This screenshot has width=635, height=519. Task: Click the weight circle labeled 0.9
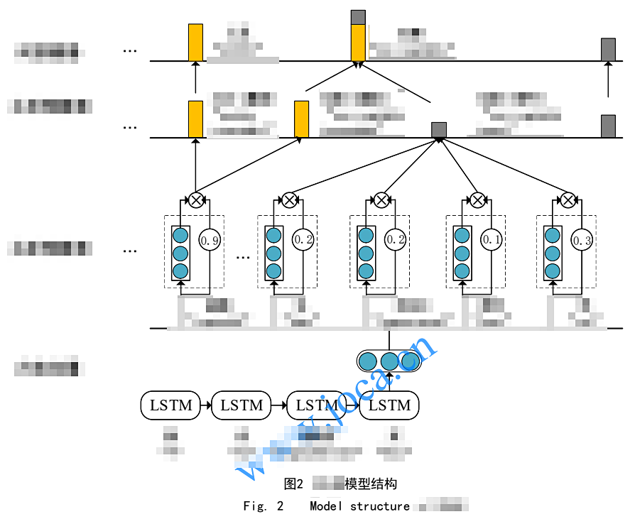[210, 240]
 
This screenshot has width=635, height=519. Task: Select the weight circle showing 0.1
[492, 240]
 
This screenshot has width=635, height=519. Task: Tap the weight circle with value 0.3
[582, 240]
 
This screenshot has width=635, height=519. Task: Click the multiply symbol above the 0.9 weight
[195, 200]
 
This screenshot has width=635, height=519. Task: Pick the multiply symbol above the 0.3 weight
[568, 200]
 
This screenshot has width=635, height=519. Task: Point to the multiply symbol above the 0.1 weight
[477, 200]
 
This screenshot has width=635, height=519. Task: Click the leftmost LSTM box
[170, 405]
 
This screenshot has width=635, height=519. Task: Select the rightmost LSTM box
[389, 405]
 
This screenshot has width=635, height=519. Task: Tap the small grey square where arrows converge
[439, 129]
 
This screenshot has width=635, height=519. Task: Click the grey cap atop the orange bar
[359, 17]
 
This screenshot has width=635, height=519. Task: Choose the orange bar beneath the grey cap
[359, 43]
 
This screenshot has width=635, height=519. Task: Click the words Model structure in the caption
[359, 506]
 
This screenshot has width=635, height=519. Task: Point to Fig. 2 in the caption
[263, 506]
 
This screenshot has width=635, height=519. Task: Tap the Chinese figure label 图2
[293, 484]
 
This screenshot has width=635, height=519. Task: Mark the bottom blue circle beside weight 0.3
[553, 271]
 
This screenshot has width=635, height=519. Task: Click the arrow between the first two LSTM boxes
[206, 405]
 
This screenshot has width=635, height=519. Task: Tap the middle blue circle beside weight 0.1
[462, 253]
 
